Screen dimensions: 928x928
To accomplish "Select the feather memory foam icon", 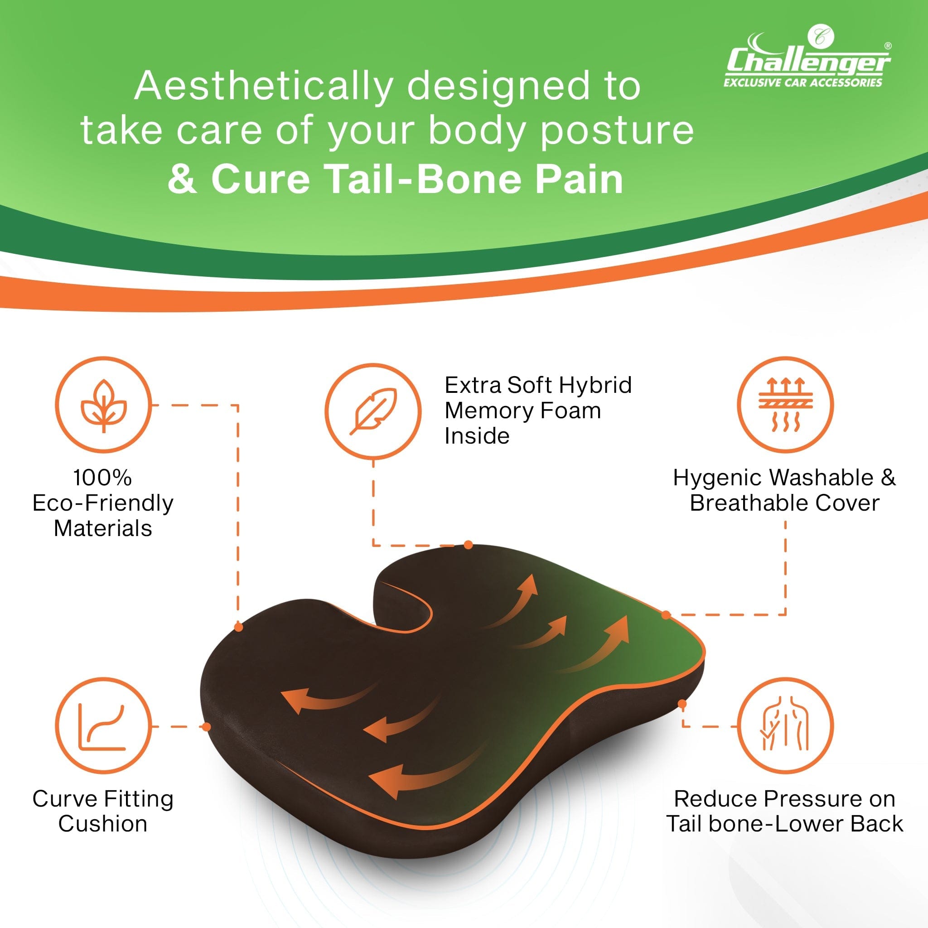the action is [373, 411].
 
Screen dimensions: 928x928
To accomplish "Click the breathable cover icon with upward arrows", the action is [785, 405].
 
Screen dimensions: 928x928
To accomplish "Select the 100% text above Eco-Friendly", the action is [102, 478].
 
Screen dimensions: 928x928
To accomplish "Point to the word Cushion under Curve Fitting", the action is [103, 824].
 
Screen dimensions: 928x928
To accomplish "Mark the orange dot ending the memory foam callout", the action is [469, 545].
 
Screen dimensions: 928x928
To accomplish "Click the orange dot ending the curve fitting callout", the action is [206, 726].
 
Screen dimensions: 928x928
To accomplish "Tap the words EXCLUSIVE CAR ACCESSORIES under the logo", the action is [803, 82].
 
